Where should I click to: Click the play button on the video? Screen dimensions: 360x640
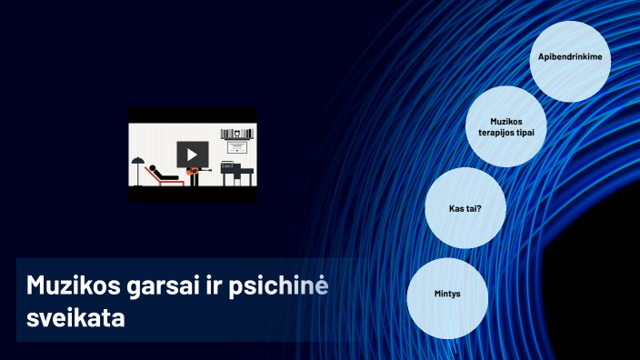point(193,154)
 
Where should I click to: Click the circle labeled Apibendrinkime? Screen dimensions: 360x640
point(570,57)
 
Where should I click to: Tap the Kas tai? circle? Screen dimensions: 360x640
point(465,207)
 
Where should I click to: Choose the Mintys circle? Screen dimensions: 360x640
point(446,294)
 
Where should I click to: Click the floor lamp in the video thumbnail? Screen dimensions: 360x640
point(137,167)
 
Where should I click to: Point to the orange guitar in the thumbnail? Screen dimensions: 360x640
point(190,171)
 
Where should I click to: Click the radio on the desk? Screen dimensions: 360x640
point(227,166)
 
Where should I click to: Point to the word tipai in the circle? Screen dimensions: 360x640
point(526,133)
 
